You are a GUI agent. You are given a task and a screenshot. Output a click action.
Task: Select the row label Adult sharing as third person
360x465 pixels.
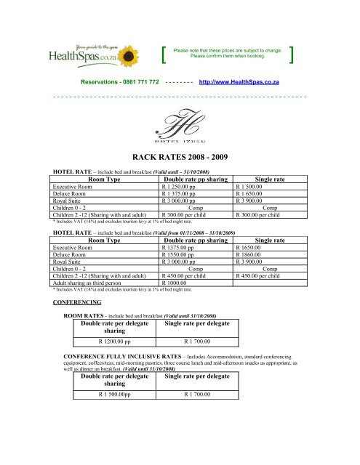(x=91, y=283)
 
